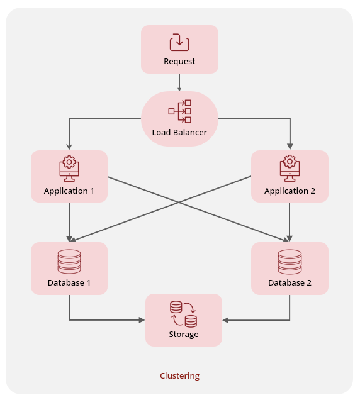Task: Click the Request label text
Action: coord(179,62)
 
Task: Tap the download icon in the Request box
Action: coord(179,42)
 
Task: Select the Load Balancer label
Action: coord(179,133)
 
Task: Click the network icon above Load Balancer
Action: coord(179,111)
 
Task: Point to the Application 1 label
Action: coord(69,191)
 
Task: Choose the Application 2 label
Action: coord(290,191)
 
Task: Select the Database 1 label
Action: coord(69,282)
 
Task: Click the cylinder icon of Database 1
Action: coord(69,261)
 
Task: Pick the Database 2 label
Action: coord(290,282)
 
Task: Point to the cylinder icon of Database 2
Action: coord(290,261)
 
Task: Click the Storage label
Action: coord(184,334)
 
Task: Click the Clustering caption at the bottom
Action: coord(179,375)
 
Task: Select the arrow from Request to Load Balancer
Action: coord(179,82)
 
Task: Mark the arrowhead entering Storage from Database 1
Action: coord(142,320)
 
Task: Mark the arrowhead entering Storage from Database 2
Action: coord(226,320)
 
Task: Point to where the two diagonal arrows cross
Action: coord(179,203)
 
